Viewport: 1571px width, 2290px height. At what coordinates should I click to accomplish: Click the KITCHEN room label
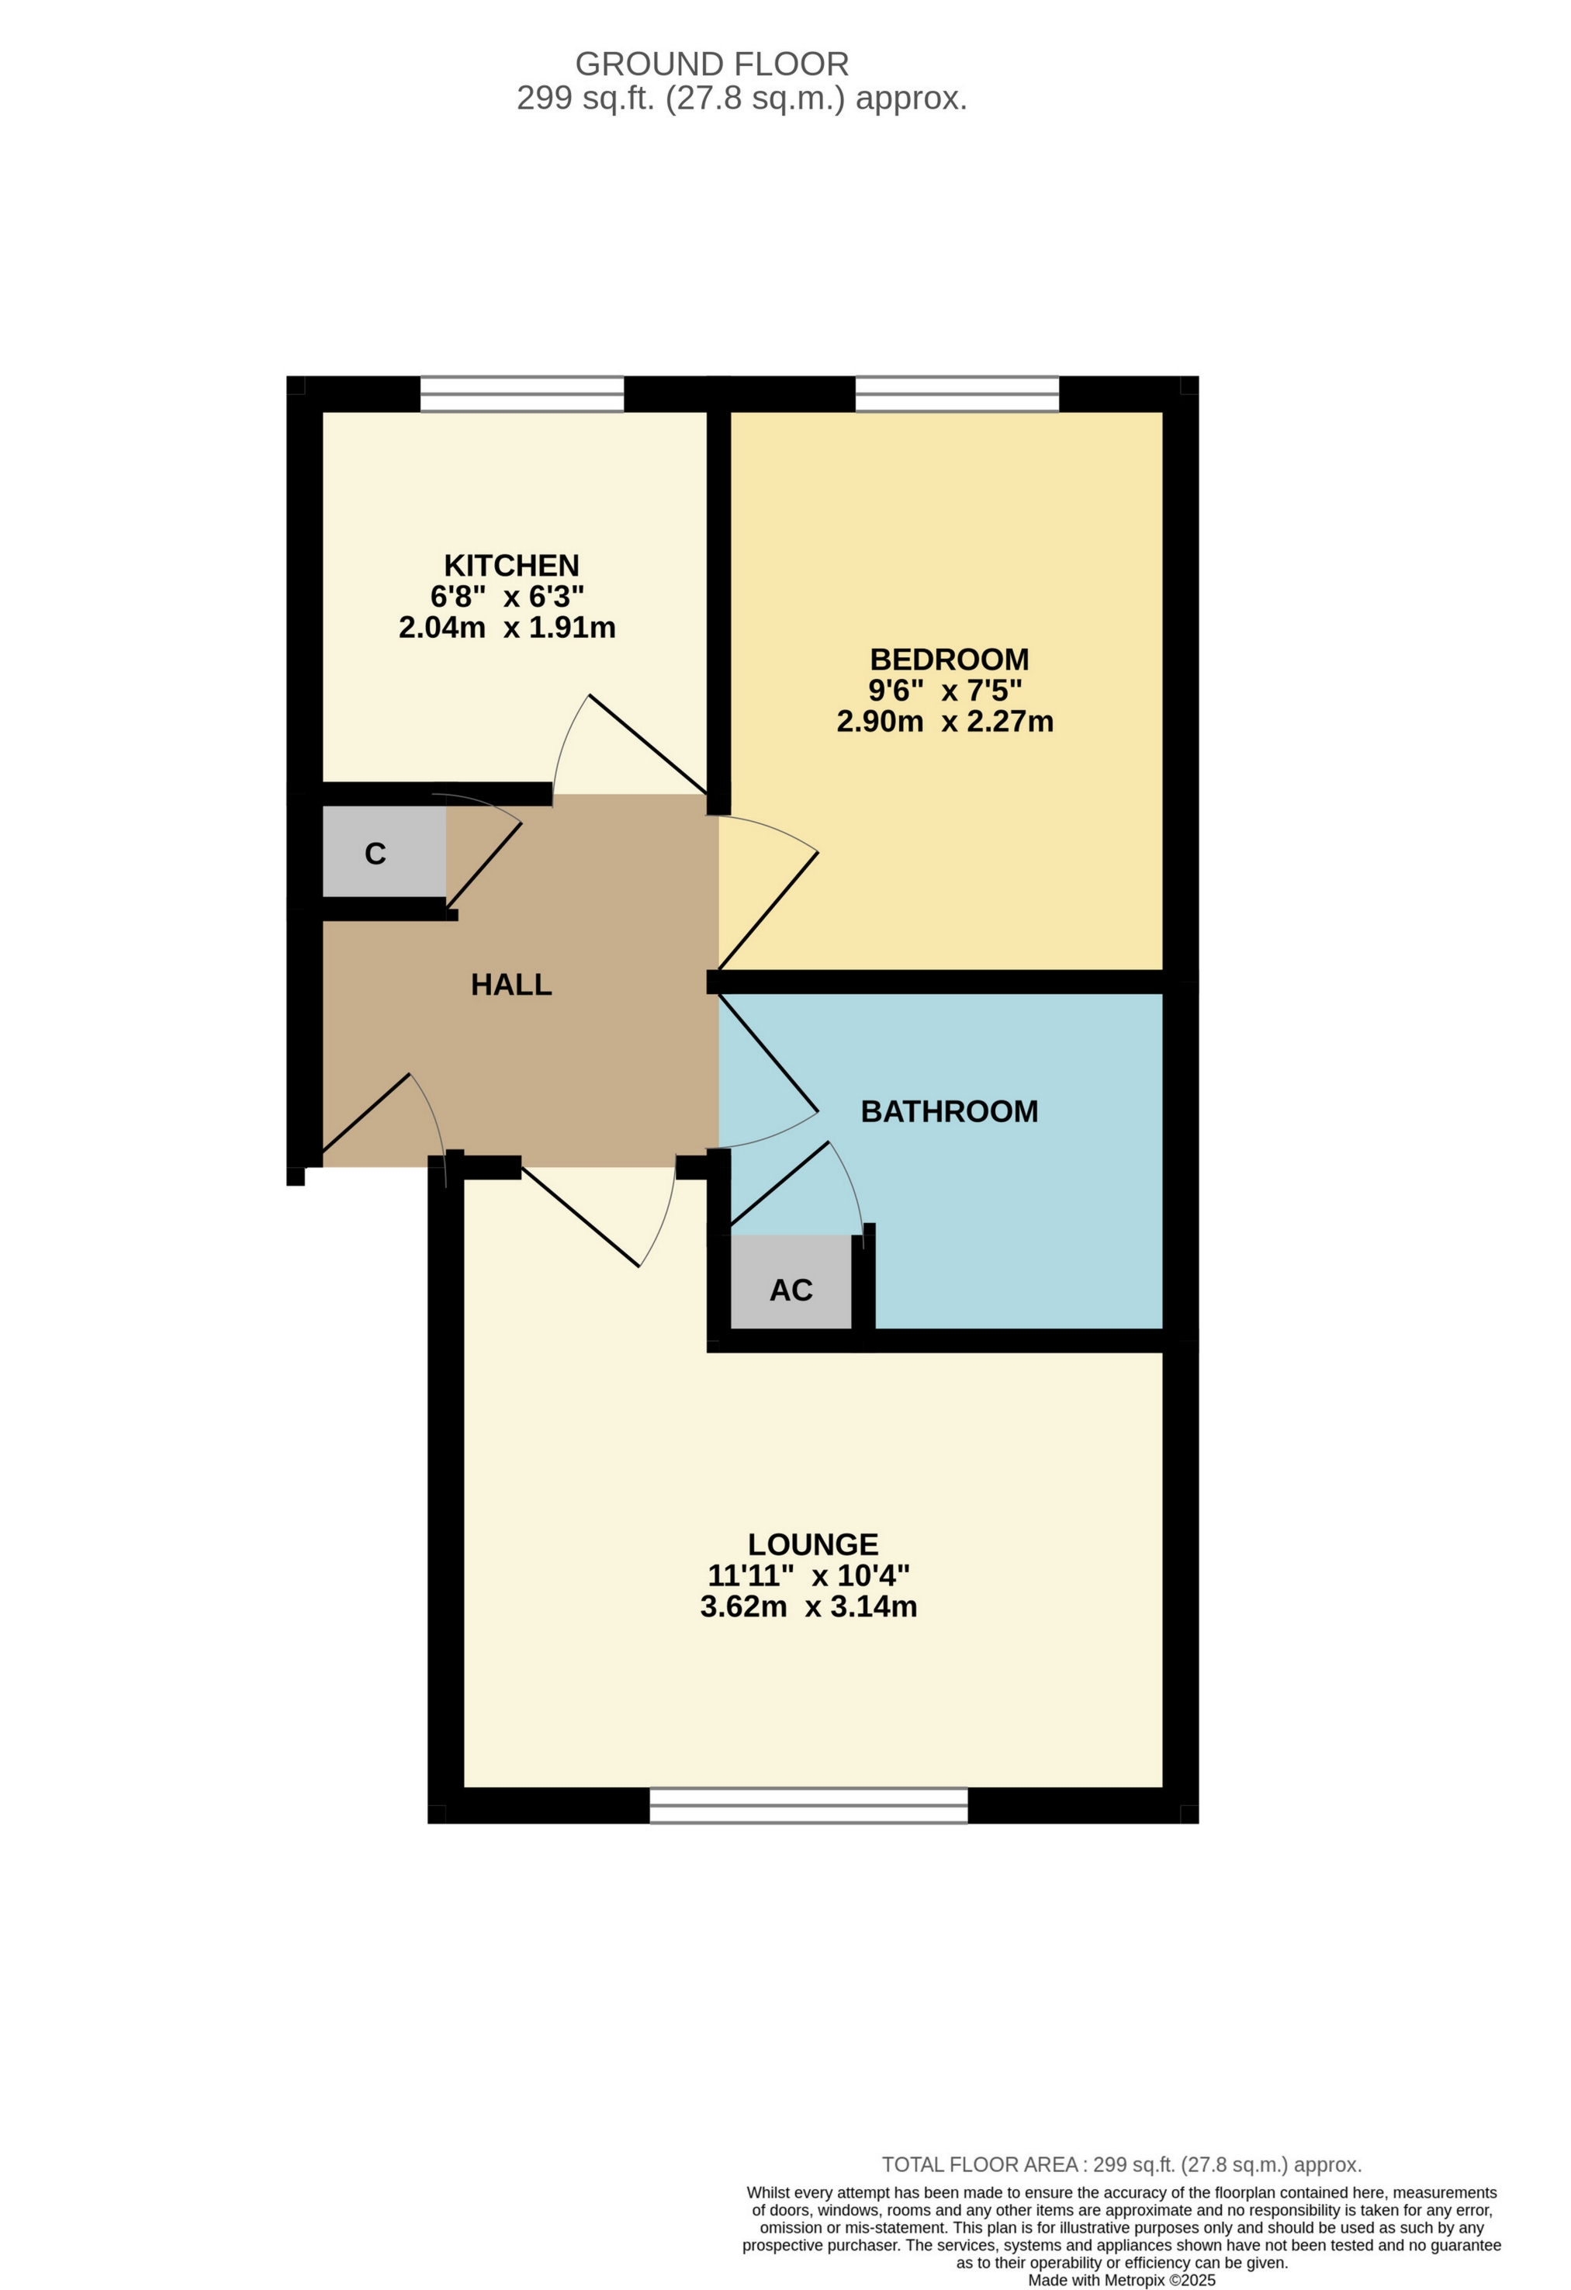pos(511,566)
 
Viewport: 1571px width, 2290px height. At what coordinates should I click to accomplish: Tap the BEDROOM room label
pos(949,659)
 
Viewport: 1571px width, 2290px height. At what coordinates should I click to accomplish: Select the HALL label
pos(511,985)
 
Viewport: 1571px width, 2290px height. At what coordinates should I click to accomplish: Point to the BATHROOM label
pos(949,1111)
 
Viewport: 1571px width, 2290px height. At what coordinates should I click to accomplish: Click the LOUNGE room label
pos(812,1544)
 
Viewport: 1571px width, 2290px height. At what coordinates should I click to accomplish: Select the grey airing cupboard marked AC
pos(791,1291)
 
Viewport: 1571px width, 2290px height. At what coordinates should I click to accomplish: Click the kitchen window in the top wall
pos(522,394)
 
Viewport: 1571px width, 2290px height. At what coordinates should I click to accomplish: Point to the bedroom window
pos(957,394)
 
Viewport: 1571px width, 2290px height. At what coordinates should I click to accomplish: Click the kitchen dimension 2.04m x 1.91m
pos(507,628)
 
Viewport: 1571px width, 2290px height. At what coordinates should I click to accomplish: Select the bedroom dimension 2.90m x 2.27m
pos(945,721)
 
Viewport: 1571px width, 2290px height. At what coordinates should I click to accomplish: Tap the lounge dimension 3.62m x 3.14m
pos(808,1607)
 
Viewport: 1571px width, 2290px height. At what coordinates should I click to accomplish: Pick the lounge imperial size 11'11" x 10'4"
pos(808,1575)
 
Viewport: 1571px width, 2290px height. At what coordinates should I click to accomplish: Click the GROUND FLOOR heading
pos(711,64)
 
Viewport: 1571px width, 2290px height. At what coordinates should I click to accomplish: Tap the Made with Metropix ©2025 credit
pos(1121,2280)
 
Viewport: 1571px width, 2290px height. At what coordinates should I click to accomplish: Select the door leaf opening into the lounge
pos(580,1217)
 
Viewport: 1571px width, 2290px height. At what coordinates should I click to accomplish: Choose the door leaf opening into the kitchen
pos(647,744)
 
